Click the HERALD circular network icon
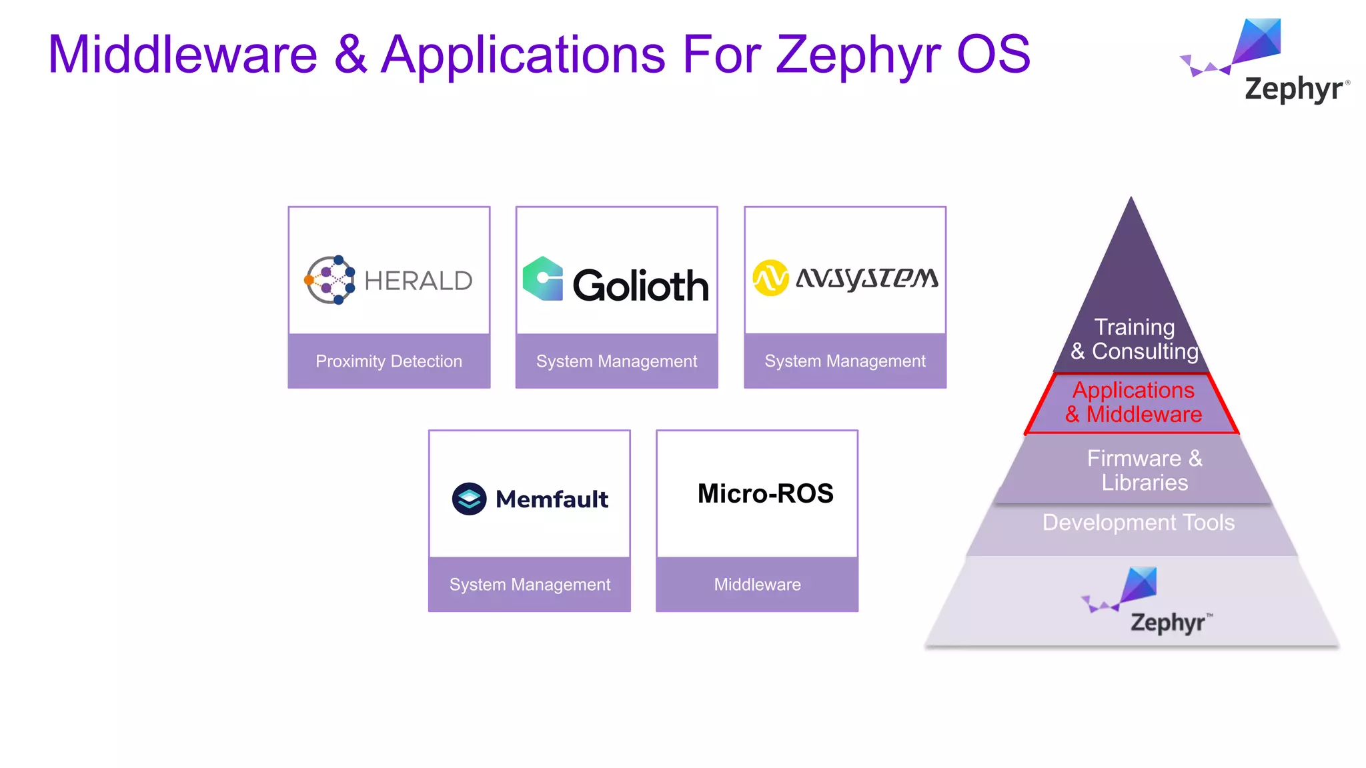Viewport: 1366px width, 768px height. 329,280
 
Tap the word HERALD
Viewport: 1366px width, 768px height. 418,281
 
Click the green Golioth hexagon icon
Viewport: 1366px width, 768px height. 543,279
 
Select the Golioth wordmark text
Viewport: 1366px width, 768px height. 640,286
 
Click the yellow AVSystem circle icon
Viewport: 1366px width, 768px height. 770,278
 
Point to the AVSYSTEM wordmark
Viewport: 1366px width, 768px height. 867,278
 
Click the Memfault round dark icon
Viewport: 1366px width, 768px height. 469,499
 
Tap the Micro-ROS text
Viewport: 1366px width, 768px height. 765,493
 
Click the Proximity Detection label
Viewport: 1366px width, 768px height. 389,361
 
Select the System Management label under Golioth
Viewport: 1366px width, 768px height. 616,361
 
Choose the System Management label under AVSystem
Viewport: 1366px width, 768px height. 845,361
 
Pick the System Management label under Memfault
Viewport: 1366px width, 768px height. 530,585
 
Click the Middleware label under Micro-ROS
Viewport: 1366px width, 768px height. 757,585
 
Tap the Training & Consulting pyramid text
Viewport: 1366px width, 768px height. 1135,339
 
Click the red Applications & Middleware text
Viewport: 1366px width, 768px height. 1133,402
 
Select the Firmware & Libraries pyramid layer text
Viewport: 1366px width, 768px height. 1145,470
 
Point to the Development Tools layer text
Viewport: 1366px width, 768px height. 1138,523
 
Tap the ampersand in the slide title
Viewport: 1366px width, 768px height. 350,55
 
